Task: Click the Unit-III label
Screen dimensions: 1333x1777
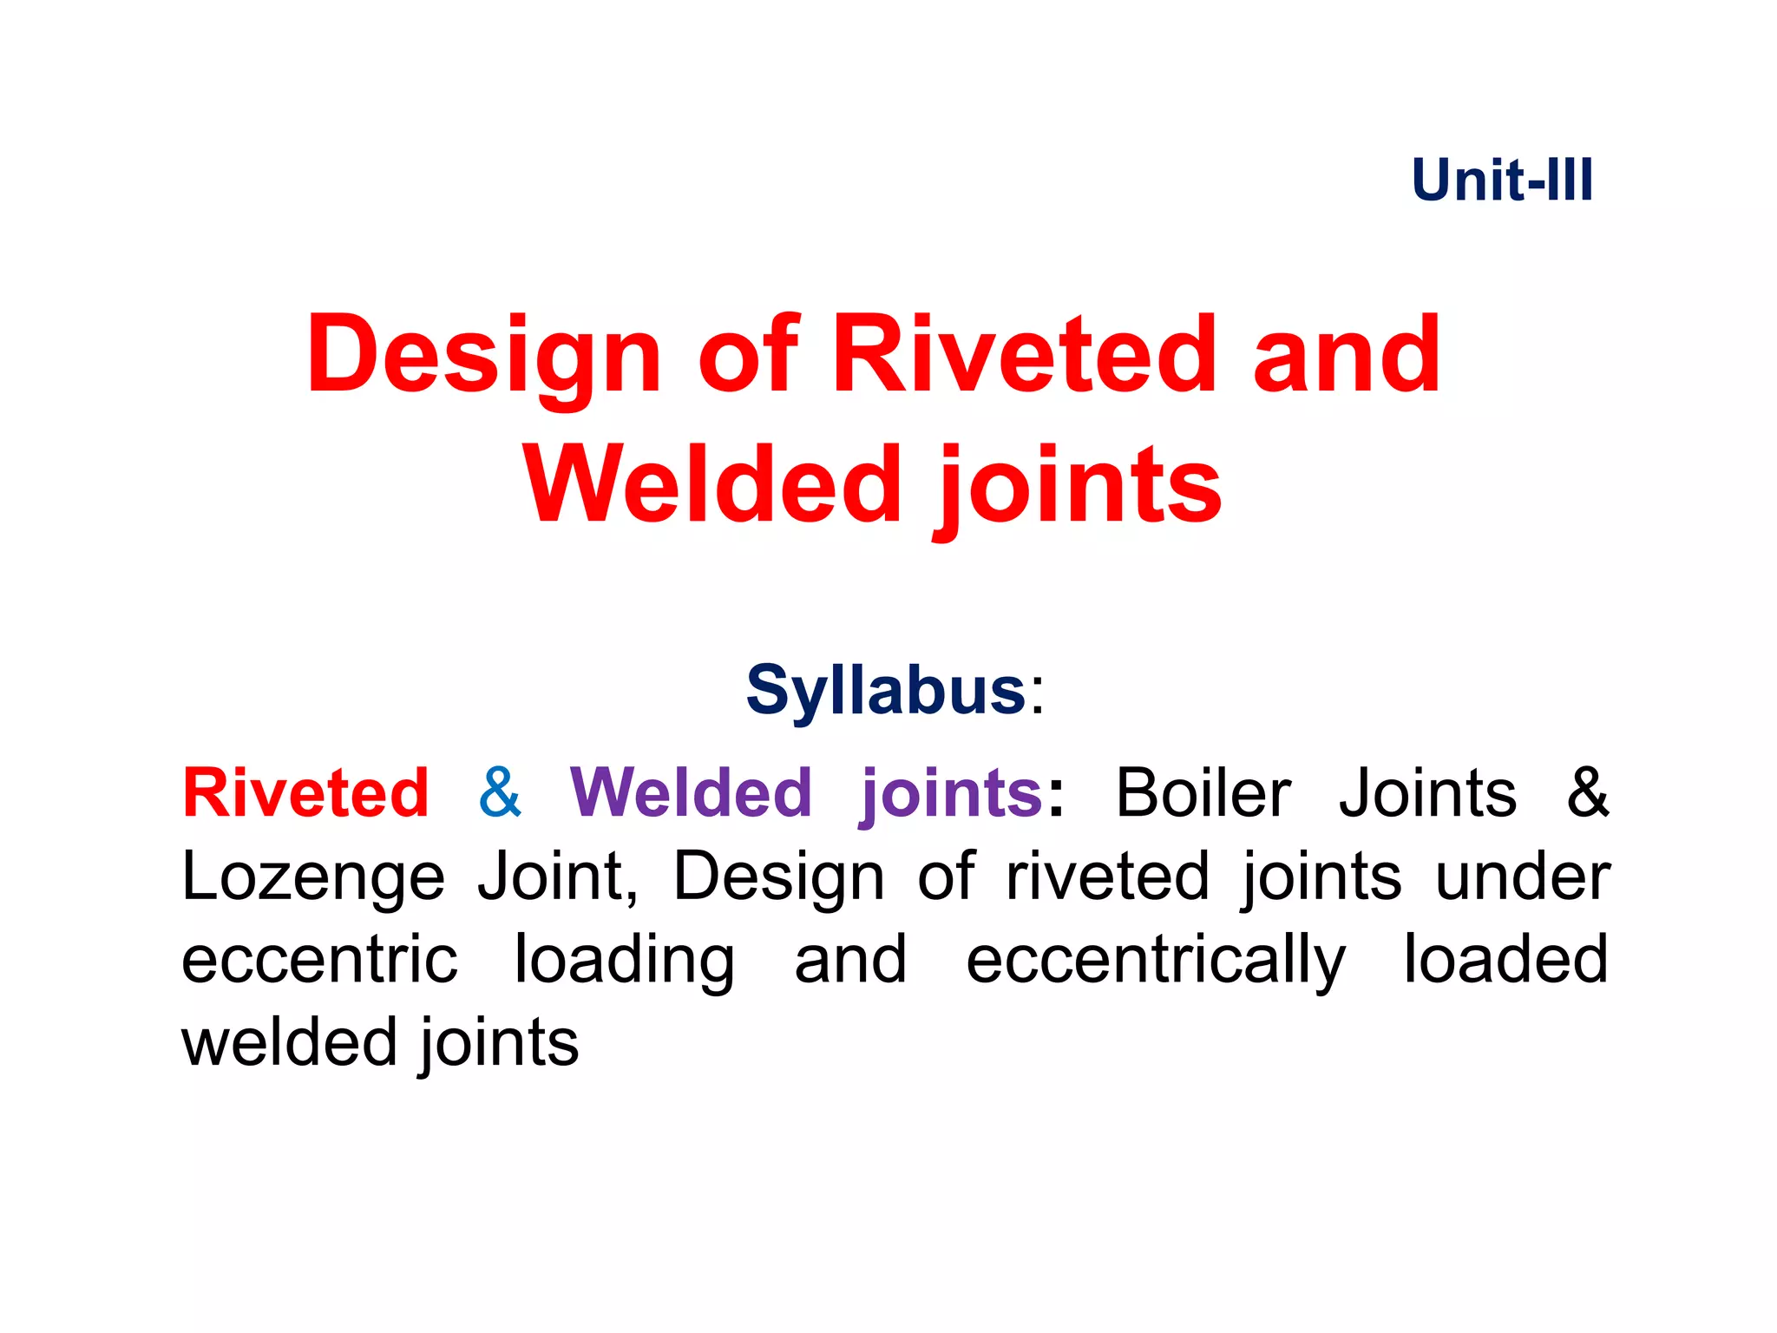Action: pyautogui.click(x=1502, y=181)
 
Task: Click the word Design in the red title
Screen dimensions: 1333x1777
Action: pyautogui.click(x=484, y=356)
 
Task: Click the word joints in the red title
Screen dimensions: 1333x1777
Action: pyautogui.click(x=1078, y=486)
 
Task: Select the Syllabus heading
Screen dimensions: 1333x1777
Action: pyautogui.click(x=886, y=690)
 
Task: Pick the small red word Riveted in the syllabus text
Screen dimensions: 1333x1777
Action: pyautogui.click(x=305, y=793)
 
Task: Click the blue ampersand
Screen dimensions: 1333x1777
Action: pyautogui.click(x=500, y=793)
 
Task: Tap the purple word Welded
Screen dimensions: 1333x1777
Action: pyautogui.click(x=691, y=793)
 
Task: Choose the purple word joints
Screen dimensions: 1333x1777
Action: pyautogui.click(x=951, y=795)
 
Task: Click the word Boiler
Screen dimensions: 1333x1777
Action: pyautogui.click(x=1203, y=793)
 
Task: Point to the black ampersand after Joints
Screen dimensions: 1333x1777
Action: pyautogui.click(x=1588, y=793)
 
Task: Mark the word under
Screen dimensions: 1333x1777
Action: pyautogui.click(x=1523, y=877)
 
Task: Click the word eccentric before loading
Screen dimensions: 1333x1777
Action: pyautogui.click(x=319, y=960)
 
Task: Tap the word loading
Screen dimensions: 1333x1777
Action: pyautogui.click(x=625, y=962)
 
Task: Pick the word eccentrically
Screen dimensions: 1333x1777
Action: pyautogui.click(x=1156, y=962)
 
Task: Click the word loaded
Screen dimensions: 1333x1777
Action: pyautogui.click(x=1505, y=960)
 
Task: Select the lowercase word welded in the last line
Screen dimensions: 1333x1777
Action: pyautogui.click(x=288, y=1042)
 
